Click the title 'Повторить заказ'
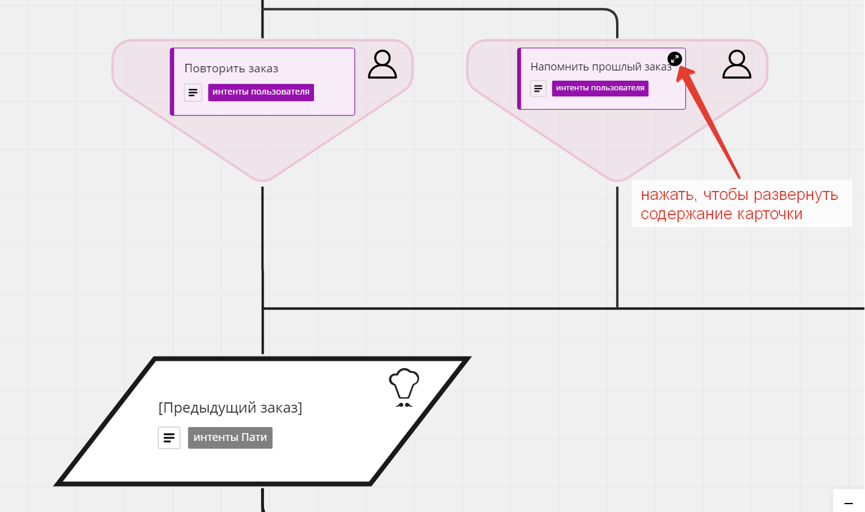pos(231,69)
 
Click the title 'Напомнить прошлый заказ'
pos(600,67)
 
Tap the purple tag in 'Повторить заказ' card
pos(261,92)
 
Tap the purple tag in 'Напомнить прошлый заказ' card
pos(600,88)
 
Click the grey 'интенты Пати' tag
pos(230,438)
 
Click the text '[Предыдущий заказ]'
pos(230,408)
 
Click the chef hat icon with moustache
pos(404,387)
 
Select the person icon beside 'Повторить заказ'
pos(382,64)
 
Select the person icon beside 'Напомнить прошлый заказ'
pos(737,64)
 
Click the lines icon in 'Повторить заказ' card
pos(193,93)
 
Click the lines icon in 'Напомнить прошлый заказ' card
pos(538,89)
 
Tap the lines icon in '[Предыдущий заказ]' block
pos(169,438)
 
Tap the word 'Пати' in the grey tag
pos(254,438)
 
